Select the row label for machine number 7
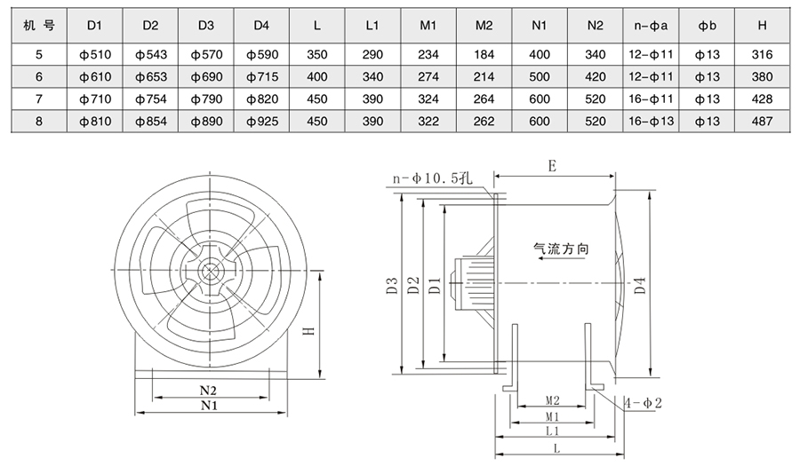pyautogui.click(x=39, y=99)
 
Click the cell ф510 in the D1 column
pyautogui.click(x=93, y=55)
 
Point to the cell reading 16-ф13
pyautogui.click(x=651, y=121)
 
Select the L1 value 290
pyautogui.click(x=373, y=55)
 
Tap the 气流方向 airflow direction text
pyautogui.click(x=561, y=250)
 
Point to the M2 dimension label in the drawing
pyautogui.click(x=551, y=401)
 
